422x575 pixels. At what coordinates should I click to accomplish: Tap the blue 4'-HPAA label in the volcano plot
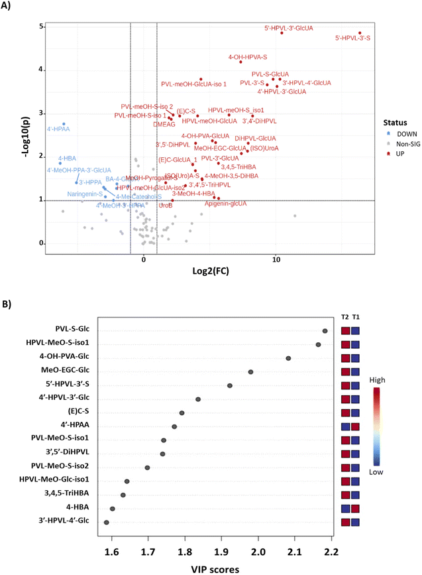[x=58, y=128]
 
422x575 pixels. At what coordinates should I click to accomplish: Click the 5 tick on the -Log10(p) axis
[x=40, y=27]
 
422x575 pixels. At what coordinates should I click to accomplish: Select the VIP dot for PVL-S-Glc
[x=325, y=331]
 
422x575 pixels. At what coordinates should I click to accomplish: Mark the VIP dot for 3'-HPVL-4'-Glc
[x=107, y=523]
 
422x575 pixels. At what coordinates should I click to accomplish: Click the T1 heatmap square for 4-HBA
[x=356, y=509]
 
